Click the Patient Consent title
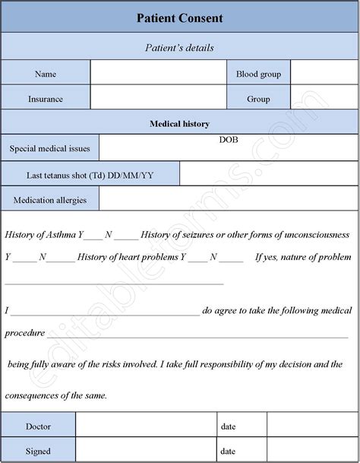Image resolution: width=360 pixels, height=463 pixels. pos(179,17)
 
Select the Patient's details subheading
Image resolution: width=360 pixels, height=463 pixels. pos(179,47)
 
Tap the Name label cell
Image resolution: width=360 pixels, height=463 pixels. pos(46,74)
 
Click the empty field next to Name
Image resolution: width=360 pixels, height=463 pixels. pos(158,74)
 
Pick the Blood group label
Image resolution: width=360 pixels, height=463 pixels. pos(258,74)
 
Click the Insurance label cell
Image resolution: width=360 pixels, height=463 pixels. pos(46,99)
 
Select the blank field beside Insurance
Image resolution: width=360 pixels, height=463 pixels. pos(158,99)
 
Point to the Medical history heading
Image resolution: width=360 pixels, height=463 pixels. pos(179,123)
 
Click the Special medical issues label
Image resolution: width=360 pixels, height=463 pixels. pos(49,149)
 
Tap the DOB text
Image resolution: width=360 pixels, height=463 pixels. pos(229,141)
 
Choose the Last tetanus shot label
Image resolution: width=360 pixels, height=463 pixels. pos(90,175)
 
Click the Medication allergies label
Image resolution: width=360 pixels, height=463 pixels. pos(49,200)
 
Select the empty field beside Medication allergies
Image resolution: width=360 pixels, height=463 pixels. pos(228,200)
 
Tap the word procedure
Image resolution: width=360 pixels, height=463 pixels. pos(24,333)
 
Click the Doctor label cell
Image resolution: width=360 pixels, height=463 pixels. pos(38,427)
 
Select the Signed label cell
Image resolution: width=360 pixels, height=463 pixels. pos(38,451)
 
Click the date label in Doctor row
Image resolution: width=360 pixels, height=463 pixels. pos(229,427)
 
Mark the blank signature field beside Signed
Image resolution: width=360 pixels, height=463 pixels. pos(146,451)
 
